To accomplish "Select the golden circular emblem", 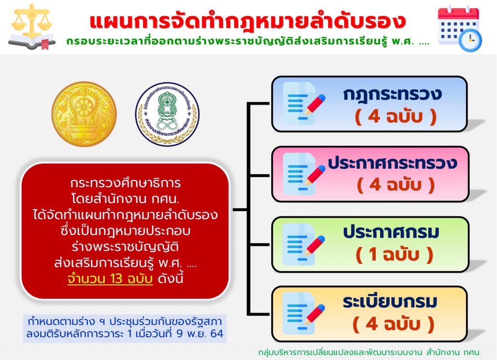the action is point(84,114).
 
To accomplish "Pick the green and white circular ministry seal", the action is point(167,114).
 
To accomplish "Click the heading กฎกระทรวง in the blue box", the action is point(392,95).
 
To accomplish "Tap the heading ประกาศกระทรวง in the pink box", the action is point(392,163).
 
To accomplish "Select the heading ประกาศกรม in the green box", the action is point(391,232).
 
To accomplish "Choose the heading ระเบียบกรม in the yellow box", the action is point(390,301).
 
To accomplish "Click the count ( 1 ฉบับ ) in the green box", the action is point(394,255).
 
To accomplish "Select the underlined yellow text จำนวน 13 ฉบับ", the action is point(110,279).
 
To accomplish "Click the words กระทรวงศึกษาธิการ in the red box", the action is point(126,183).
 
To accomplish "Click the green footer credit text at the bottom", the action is point(369,352).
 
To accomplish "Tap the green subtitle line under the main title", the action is point(248,42).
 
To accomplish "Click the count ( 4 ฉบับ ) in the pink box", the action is point(396,185).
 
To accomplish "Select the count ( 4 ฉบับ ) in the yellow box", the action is point(393,324).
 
